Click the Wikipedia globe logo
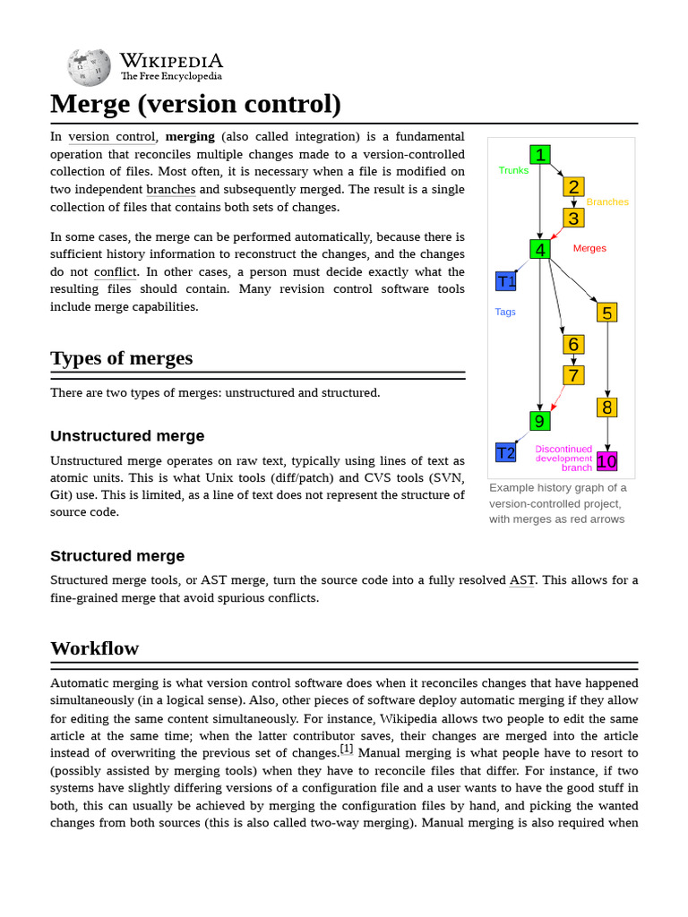click(90, 67)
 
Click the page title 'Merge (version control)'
click(195, 104)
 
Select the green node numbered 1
click(540, 155)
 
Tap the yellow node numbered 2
click(573, 186)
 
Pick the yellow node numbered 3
click(573, 218)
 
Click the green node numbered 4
click(540, 249)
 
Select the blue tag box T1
click(506, 281)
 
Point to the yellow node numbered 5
click(607, 313)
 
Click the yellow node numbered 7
click(573, 375)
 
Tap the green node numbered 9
click(539, 421)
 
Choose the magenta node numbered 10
click(606, 461)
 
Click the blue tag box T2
click(506, 452)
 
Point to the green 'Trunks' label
click(513, 170)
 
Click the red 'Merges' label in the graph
click(589, 248)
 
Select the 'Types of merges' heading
click(121, 358)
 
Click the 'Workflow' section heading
click(94, 647)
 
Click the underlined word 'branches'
click(170, 189)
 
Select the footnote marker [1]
click(347, 749)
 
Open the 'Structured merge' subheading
click(117, 555)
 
